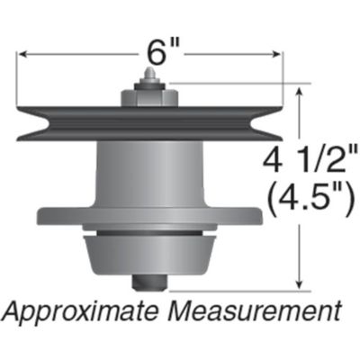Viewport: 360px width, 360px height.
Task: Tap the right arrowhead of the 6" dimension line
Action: pyautogui.click(x=279, y=54)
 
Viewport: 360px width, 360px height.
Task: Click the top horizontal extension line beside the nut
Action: pyautogui.click(x=234, y=84)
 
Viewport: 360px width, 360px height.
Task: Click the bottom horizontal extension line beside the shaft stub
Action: pyautogui.click(x=234, y=291)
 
